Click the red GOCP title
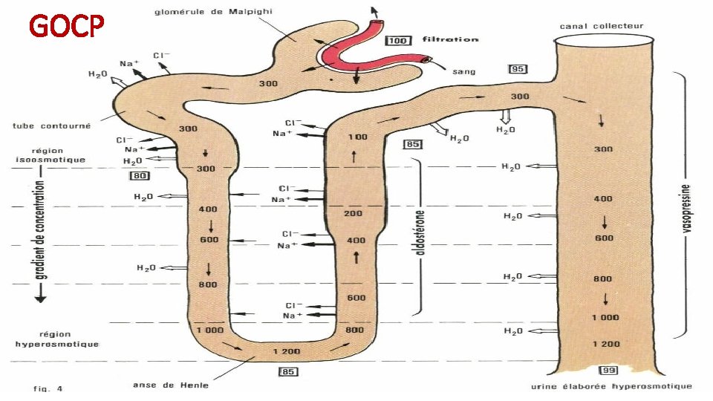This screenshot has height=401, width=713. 67,27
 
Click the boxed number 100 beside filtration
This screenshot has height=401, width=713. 398,40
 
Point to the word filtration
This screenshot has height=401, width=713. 450,39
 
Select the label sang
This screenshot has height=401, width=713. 463,72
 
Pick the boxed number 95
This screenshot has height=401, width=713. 518,69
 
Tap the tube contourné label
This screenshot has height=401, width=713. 52,125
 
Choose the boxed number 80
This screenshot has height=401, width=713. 139,176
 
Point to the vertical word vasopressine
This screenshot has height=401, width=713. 686,208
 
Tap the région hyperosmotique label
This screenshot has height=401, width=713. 57,339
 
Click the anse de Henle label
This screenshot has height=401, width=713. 171,385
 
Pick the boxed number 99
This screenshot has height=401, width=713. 608,371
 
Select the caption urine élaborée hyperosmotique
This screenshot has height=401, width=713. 611,385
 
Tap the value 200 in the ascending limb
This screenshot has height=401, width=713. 354,214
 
